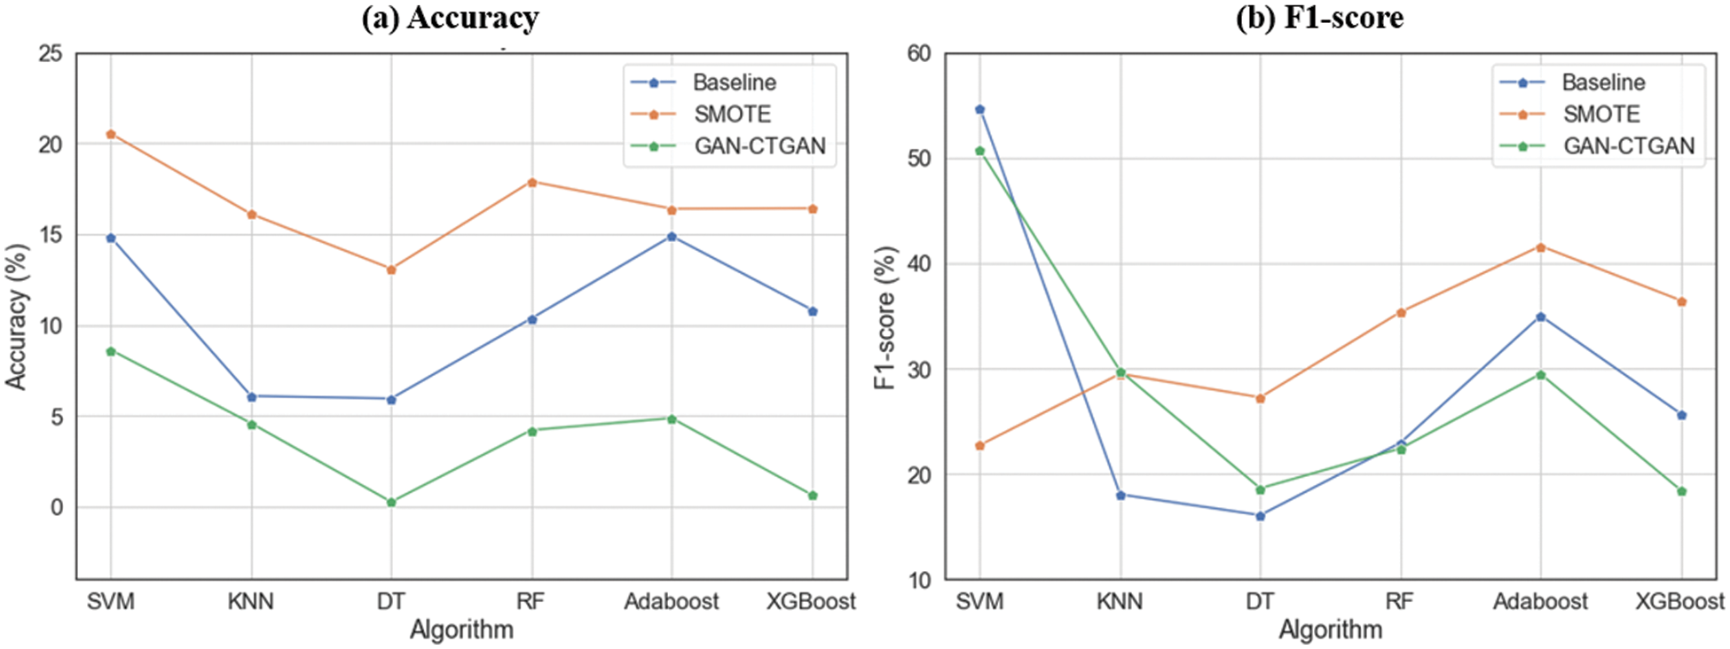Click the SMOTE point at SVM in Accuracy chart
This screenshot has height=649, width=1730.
coord(111,134)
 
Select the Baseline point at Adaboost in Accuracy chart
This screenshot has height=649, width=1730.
coord(672,237)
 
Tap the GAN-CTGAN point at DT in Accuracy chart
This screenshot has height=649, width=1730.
coord(391,502)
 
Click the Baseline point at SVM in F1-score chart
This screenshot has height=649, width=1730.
coord(979,110)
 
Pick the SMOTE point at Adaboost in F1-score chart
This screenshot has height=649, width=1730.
coord(1541,247)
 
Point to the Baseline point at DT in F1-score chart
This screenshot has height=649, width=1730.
coord(1260,515)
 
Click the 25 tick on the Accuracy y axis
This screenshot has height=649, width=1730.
coord(51,54)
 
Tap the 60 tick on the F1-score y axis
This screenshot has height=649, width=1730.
coord(919,54)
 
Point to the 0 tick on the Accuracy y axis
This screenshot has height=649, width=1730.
coord(57,507)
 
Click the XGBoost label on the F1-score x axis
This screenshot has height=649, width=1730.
coord(1679,601)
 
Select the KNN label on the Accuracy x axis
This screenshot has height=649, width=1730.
coord(250,601)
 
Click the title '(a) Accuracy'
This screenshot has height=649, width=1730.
coord(450,18)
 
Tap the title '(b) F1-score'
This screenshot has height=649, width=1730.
coord(1319,18)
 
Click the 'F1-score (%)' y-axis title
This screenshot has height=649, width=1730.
coord(885,317)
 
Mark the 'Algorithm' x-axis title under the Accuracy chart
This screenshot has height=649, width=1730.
coord(461,629)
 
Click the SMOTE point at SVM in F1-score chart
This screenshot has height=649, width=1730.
coord(979,445)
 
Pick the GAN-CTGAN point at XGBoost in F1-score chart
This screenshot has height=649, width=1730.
coord(1681,491)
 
